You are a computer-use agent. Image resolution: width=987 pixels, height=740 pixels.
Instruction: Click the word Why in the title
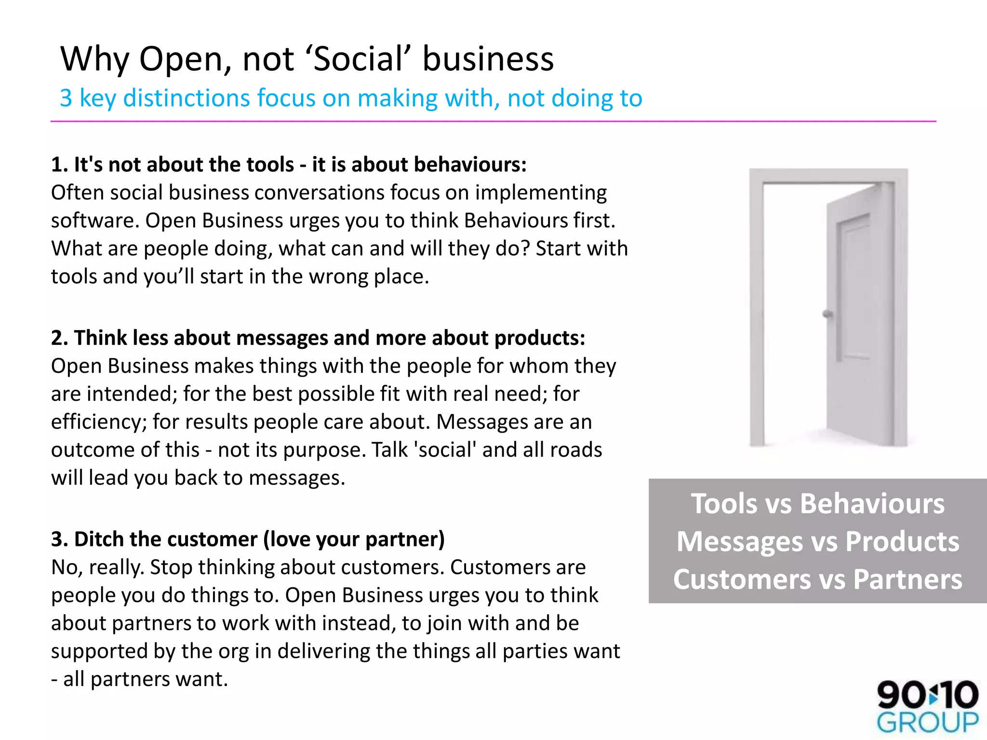[94, 59]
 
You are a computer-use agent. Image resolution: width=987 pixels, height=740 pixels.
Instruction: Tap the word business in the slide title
[488, 59]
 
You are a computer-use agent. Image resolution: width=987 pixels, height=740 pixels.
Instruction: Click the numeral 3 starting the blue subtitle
[66, 98]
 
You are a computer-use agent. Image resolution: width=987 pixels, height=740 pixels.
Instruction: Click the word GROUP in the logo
[927, 723]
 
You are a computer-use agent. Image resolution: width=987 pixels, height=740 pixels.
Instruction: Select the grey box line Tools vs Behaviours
[817, 504]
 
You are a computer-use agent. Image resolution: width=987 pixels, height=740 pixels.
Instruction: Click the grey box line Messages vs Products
[817, 542]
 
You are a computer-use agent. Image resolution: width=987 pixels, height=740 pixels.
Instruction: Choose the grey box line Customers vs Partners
[817, 579]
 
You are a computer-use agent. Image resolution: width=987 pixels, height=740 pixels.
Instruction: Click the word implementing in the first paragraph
[541, 193]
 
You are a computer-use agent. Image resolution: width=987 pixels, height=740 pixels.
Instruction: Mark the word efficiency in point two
[99, 422]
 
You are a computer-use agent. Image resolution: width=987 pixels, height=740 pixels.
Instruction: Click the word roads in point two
[576, 450]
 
